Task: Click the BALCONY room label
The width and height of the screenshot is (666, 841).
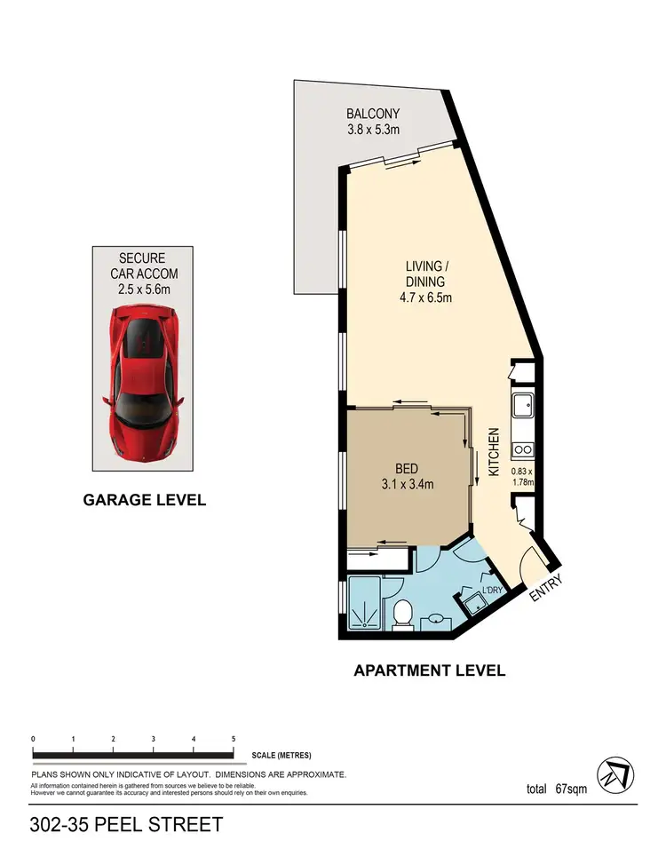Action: [x=373, y=114]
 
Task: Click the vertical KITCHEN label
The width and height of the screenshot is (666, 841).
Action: [x=494, y=453]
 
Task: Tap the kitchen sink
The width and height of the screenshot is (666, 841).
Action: [x=522, y=406]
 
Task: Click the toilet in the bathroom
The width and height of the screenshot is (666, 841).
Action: [x=403, y=613]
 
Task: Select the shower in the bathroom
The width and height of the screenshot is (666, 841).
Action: [x=365, y=604]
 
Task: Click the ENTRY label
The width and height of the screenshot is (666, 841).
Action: [x=540, y=592]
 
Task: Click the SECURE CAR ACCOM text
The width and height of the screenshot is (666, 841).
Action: [x=145, y=266]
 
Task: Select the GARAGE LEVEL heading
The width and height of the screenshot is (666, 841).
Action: [x=145, y=500]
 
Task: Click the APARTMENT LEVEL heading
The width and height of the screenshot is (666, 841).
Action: [x=430, y=670]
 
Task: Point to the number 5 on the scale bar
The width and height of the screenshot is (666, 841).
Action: [x=234, y=739]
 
